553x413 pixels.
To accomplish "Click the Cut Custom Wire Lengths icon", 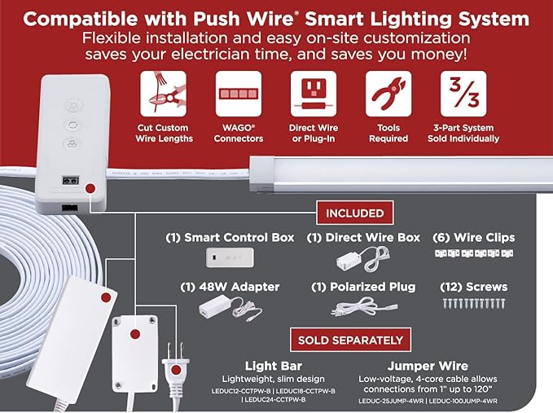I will coord(164,94).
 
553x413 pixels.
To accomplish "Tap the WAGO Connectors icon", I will coord(239,94).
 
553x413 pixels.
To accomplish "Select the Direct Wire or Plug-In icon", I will coord(314,94).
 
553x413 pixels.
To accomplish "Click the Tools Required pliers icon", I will coord(388,94).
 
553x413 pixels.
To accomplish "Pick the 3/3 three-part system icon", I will coord(463,94).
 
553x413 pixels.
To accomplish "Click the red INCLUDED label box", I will coord(355,213).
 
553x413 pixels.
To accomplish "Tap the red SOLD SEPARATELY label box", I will coord(350,340).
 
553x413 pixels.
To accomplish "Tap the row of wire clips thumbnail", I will coord(472,254).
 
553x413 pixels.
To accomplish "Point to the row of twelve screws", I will coord(473,305).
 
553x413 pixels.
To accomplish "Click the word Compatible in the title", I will coord(75,19).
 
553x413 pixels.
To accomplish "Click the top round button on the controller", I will coord(72,103).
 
